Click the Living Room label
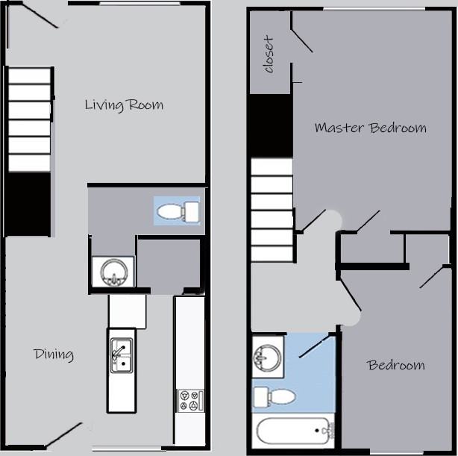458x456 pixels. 124,104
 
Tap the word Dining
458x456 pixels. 54,354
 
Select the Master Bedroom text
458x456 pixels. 370,128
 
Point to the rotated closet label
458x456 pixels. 269,54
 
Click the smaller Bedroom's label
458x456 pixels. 395,365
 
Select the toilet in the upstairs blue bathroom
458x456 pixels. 275,396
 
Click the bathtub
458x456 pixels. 292,432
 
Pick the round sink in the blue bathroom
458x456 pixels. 267,355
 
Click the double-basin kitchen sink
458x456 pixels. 121,355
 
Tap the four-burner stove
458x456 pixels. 189,400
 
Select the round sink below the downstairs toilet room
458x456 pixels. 113,272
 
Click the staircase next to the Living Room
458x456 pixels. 29,119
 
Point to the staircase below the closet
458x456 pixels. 272,210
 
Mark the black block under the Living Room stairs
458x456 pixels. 29,204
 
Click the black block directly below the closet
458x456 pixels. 270,125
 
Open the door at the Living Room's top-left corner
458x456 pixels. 39,16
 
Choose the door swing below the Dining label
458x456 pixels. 64,435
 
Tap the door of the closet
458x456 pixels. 301,41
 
